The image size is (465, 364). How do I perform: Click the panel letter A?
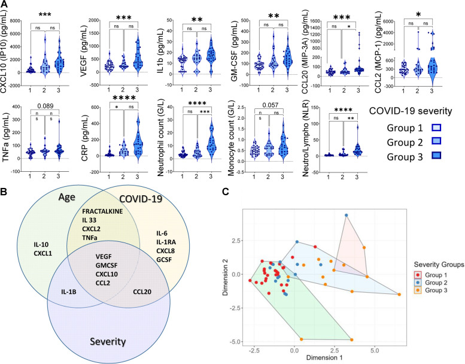click(x=5, y=5)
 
